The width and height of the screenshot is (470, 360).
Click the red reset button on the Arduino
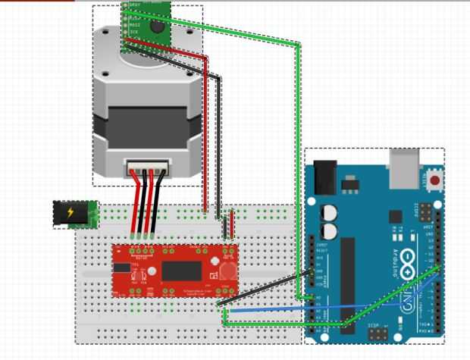pyautogui.click(x=434, y=181)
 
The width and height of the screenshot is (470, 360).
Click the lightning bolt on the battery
pyautogui.click(x=71, y=214)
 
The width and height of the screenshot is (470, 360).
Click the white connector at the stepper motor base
pyautogui.click(x=145, y=166)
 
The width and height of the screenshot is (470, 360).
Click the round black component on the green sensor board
pyautogui.click(x=158, y=27)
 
